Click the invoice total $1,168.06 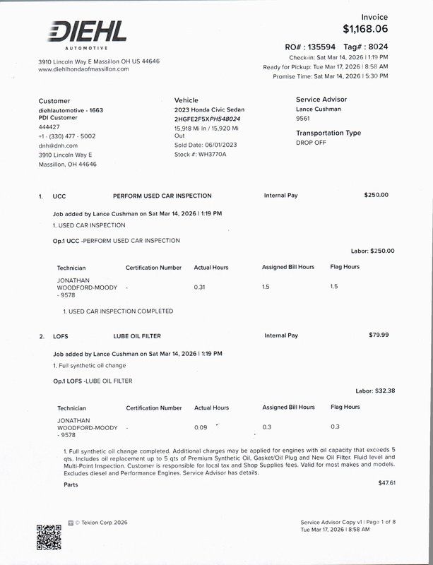(x=365, y=29)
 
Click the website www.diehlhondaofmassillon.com (x=83, y=69)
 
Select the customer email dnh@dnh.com (x=58, y=145)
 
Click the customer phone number (x=67, y=136)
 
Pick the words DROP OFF (x=311, y=142)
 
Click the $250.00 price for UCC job (x=376, y=195)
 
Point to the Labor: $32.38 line (x=375, y=391)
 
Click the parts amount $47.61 (x=387, y=483)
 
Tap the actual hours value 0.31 (x=200, y=287)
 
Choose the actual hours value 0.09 (x=201, y=427)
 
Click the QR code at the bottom (x=49, y=537)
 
